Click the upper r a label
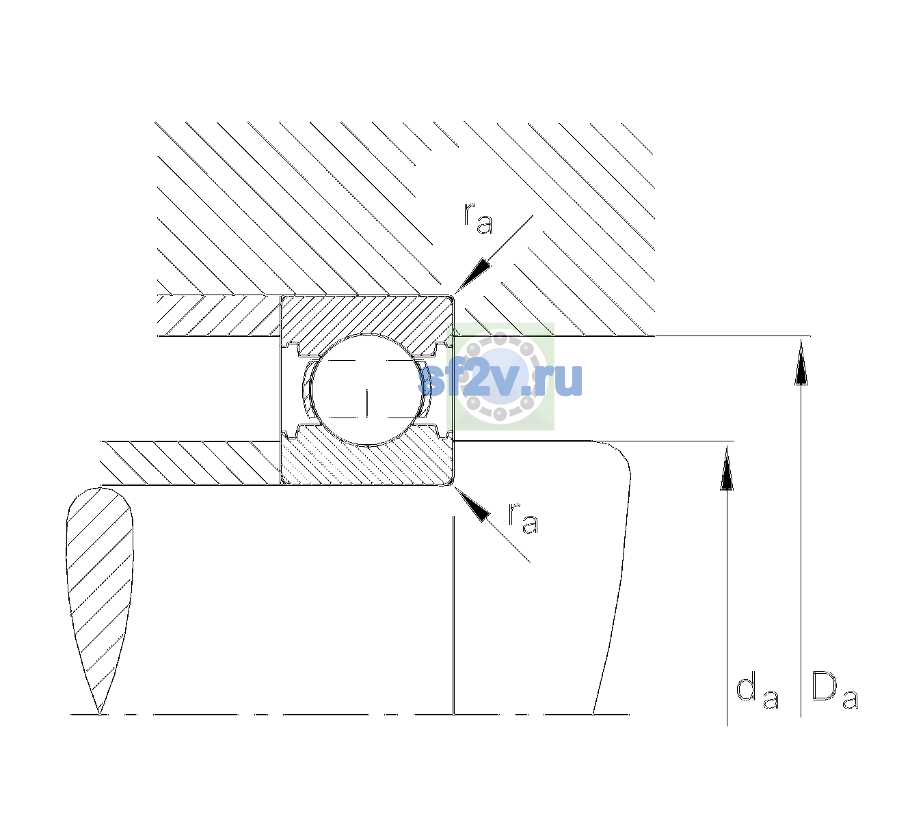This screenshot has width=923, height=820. pos(478,217)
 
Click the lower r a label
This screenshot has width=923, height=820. pos(523,518)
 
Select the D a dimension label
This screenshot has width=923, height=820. pos(835,690)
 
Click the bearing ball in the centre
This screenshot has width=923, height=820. pos(368,389)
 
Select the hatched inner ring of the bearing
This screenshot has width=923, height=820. pos(366,459)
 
